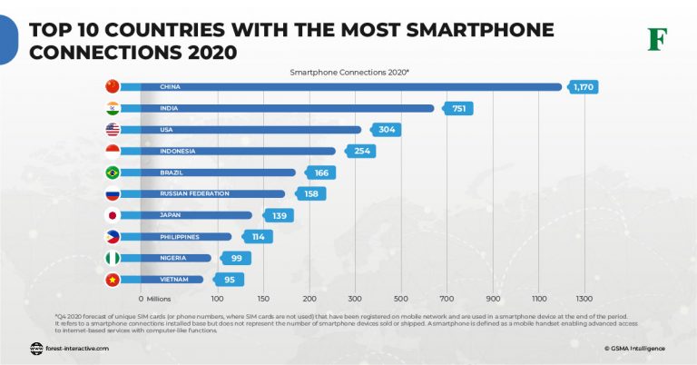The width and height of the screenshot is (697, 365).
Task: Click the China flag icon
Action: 113,86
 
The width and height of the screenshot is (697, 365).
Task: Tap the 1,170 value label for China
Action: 582,87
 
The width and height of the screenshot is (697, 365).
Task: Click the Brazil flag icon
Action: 113,173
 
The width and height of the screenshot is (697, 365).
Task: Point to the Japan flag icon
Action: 113,215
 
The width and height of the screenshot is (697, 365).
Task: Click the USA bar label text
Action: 168,130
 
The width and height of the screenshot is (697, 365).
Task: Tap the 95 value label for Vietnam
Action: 229,280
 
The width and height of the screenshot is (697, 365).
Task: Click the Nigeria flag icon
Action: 113,258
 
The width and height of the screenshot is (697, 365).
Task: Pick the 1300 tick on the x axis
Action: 584,298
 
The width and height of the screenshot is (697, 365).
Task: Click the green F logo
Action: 656,39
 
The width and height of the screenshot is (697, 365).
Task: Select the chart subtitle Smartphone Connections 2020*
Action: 349,70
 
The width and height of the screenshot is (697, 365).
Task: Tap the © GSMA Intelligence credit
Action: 633,347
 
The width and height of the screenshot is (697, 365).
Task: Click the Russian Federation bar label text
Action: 194,193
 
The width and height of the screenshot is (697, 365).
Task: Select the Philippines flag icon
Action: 113,237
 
